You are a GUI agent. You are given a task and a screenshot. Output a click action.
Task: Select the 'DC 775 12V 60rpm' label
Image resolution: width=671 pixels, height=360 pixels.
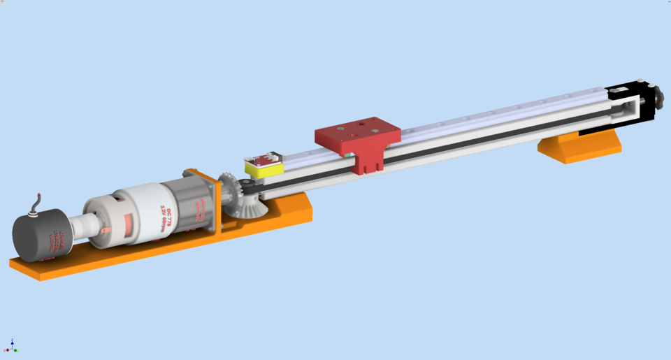[166, 206]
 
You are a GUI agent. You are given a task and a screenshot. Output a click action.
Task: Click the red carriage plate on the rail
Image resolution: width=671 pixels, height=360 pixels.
[357, 134]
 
